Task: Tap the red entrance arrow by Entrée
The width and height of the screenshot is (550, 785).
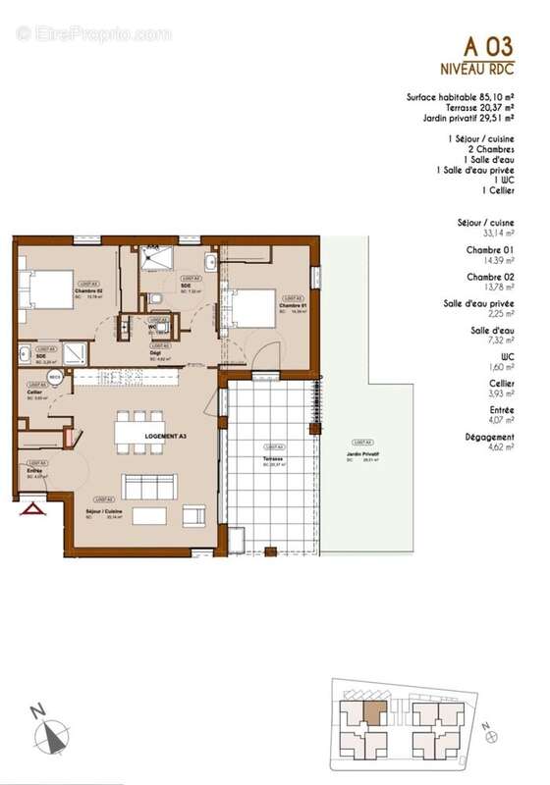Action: pyautogui.click(x=34, y=508)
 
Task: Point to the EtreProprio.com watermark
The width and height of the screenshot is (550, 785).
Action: pyautogui.click(x=93, y=34)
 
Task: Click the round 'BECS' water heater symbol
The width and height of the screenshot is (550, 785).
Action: pyautogui.click(x=56, y=377)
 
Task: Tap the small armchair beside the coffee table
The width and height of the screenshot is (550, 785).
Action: pyautogui.click(x=194, y=514)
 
